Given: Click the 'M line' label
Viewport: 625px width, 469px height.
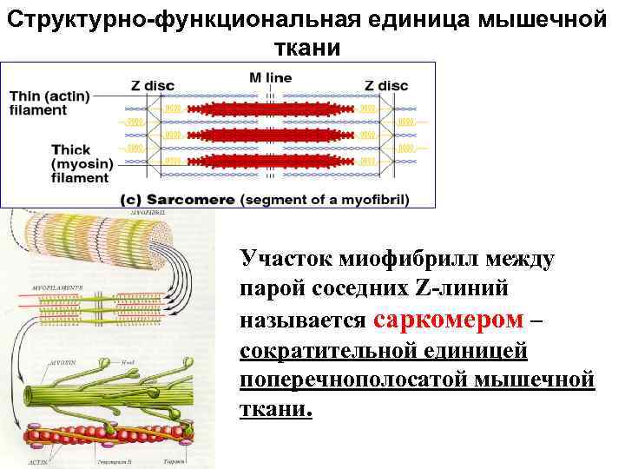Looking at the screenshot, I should coord(270,77).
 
